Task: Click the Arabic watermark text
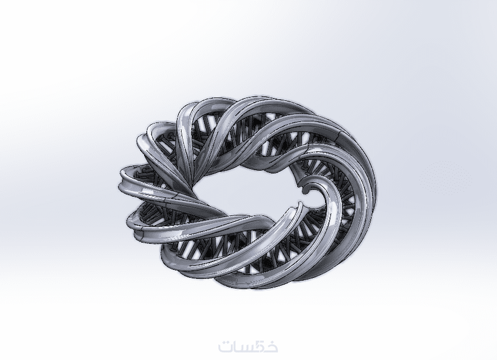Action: tap(248, 346)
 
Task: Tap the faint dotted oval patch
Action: tap(445, 178)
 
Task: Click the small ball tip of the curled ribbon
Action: tap(306, 190)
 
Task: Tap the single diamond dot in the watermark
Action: tap(225, 340)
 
